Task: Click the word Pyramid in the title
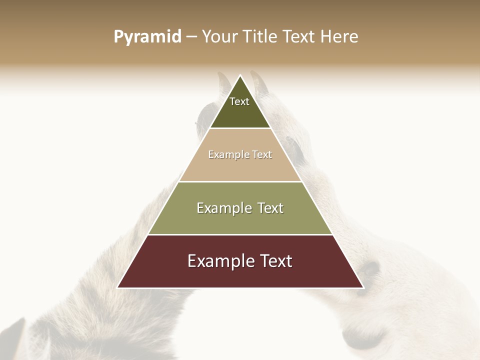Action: (x=147, y=37)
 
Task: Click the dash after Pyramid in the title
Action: (x=191, y=37)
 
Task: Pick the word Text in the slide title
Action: (x=299, y=37)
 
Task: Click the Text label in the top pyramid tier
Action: (x=239, y=101)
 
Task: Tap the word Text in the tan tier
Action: (x=262, y=154)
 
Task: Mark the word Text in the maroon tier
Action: (x=274, y=261)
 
